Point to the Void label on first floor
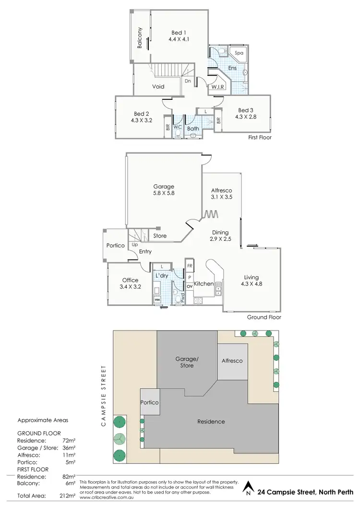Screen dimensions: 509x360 click(158, 87)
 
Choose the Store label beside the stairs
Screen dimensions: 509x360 click(160, 236)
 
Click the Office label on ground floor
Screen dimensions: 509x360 click(130, 280)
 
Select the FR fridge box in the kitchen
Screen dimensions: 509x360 click(190, 265)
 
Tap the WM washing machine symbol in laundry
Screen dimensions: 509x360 click(157, 299)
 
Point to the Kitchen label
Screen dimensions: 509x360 click(204, 284)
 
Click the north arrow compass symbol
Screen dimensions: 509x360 click(248, 489)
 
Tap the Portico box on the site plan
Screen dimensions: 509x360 click(150, 402)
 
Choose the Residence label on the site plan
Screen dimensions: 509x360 click(211, 422)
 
